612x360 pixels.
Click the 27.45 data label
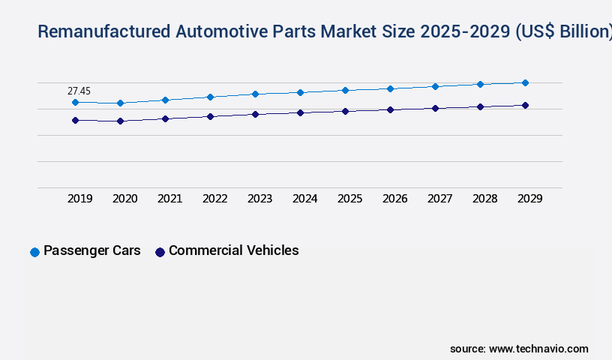(79, 91)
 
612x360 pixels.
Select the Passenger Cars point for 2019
(75, 102)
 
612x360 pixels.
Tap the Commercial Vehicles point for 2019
(75, 120)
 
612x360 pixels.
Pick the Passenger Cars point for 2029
(525, 82)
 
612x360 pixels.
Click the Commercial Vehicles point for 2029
(525, 105)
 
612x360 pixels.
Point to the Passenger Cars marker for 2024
(300, 92)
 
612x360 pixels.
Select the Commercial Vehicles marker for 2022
(210, 116)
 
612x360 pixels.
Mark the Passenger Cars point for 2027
(435, 86)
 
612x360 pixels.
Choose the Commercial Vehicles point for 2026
(390, 109)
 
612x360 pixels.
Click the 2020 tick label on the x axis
(124, 199)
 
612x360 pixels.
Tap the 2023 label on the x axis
(259, 199)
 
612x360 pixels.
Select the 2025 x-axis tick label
(349, 199)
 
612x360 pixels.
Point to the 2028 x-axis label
(484, 199)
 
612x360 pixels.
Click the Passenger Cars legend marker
(34, 252)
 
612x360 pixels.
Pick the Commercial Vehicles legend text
(233, 250)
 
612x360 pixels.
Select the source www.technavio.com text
(519, 349)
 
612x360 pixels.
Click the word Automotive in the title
(217, 31)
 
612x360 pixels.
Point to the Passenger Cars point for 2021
(165, 100)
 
